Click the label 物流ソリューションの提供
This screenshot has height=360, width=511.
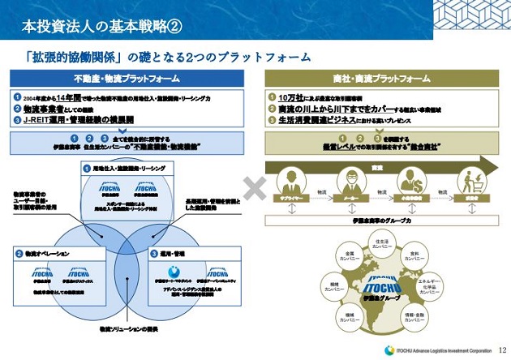click(x=127, y=329)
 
